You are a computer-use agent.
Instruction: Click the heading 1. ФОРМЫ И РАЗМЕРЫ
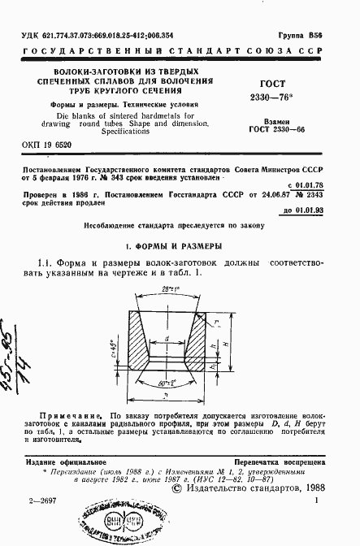[x=180, y=245]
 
